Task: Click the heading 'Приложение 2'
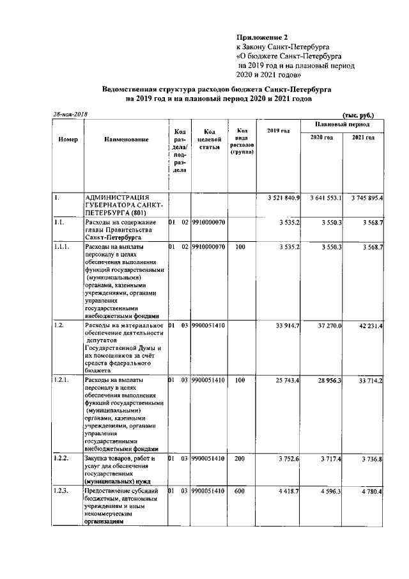(262, 38)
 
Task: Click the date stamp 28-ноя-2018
(70, 114)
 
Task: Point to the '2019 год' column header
(279, 131)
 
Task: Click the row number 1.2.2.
(63, 459)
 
